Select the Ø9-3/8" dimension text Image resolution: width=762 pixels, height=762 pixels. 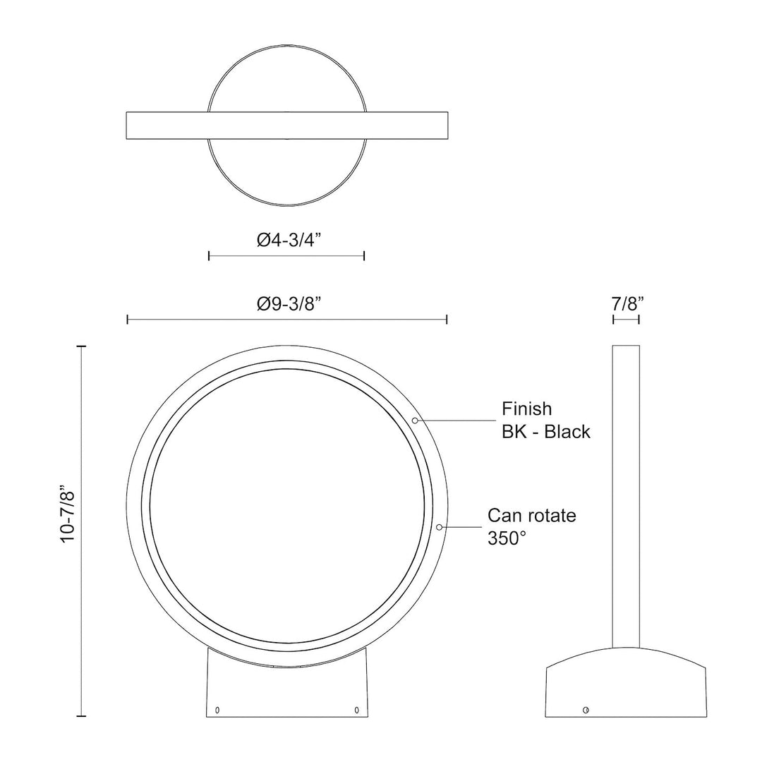tap(289, 304)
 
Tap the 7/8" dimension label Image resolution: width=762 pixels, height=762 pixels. tap(627, 304)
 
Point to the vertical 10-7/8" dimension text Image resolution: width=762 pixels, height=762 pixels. tap(68, 513)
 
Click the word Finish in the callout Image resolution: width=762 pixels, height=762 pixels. tap(526, 409)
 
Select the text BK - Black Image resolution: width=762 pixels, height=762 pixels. tap(546, 432)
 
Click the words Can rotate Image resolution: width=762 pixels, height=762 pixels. tap(532, 515)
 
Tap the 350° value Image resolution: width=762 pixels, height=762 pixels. tap(507, 538)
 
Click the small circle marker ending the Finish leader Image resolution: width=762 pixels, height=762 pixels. tap(416, 421)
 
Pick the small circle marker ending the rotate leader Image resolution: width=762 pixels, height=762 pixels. tap(440, 526)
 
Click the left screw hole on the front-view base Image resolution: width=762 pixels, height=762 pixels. tap(217, 709)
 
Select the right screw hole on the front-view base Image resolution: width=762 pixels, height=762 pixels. tap(357, 709)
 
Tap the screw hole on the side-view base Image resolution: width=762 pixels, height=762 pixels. tap(585, 709)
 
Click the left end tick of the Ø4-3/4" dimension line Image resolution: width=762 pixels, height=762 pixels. tap(209, 255)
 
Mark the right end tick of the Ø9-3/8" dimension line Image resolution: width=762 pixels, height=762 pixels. tap(447, 320)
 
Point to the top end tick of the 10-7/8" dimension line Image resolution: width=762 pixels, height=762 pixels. tap(82, 346)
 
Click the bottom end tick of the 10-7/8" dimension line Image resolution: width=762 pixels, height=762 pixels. tap(82, 716)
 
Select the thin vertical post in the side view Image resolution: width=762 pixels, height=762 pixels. tap(626, 494)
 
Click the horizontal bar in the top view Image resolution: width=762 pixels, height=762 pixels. tap(286, 125)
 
